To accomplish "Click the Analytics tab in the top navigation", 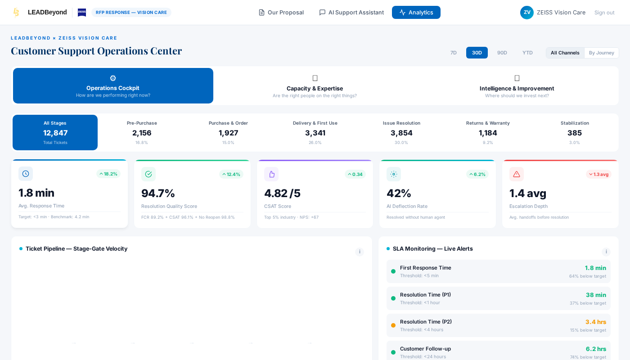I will click(416, 13).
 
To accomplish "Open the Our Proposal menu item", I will click(281, 13).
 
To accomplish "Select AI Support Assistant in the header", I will click(351, 13).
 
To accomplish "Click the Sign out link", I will click(604, 13).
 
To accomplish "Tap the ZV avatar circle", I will click(526, 13).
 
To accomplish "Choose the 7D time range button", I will click(453, 53).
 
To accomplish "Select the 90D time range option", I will click(502, 53).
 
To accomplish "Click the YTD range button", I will click(527, 53).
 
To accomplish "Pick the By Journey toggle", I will click(601, 53).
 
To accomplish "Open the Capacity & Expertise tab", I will click(315, 86).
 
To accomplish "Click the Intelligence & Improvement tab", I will click(517, 86).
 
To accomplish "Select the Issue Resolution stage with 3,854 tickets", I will click(401, 132).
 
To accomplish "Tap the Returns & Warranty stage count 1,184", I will click(488, 133).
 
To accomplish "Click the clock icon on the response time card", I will click(26, 174).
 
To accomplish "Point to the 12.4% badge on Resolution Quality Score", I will click(231, 174).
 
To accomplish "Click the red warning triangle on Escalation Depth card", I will click(516, 174).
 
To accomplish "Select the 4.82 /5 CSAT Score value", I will click(282, 193).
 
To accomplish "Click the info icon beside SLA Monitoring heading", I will click(606, 252).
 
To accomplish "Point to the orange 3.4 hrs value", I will click(595, 322).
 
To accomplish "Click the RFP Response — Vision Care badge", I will click(131, 13).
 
